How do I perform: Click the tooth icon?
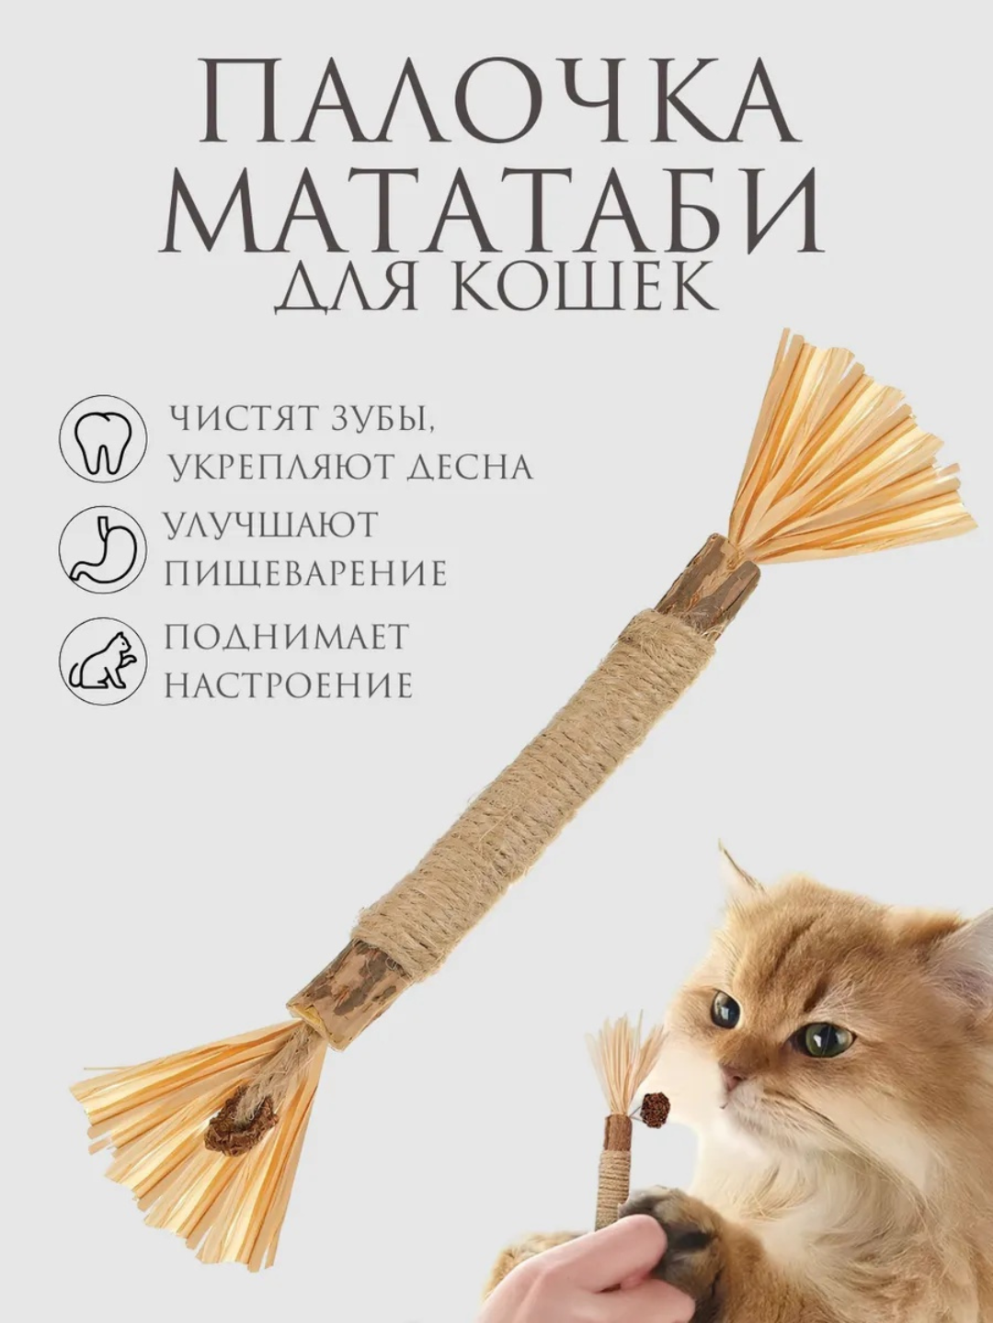point(102,440)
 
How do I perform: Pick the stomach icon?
point(102,550)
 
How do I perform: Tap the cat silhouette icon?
point(102,661)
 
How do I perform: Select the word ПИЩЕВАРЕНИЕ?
point(306,574)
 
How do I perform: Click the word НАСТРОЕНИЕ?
point(289,685)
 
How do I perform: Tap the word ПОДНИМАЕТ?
point(286,637)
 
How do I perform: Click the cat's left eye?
point(725,1010)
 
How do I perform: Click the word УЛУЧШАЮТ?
point(271,526)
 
